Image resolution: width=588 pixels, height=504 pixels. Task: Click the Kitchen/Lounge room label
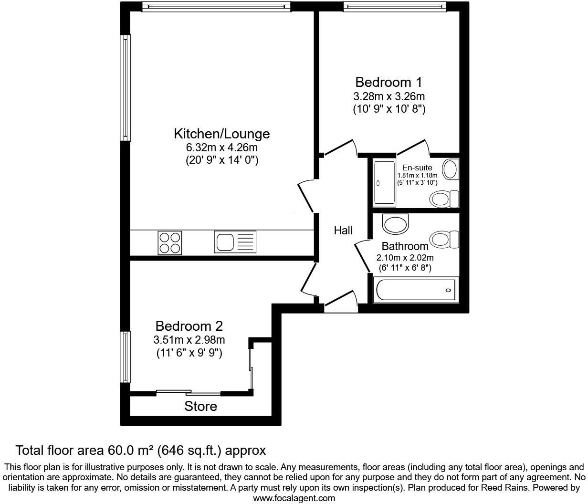coord(221,134)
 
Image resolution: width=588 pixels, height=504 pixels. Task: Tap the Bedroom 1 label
coord(388,82)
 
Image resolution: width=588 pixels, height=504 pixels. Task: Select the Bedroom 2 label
coord(189,326)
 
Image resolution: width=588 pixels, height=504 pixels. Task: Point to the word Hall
coord(343,231)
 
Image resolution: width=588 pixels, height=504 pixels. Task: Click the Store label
coord(200,406)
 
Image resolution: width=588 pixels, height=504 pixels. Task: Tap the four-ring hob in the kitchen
coord(170,242)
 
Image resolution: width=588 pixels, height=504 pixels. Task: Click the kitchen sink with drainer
coord(235,242)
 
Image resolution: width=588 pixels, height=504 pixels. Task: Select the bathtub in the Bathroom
coord(415,290)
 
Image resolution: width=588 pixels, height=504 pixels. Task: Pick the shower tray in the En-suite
coord(384,183)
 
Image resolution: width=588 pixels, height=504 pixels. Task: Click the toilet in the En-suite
coord(444,199)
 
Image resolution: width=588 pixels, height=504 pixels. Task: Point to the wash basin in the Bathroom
coord(396,224)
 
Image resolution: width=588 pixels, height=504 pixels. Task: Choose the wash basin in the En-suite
coord(450,169)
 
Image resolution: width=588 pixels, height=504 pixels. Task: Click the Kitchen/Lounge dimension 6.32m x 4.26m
coord(221,147)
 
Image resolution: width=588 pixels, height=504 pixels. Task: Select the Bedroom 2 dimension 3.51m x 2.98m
coord(189,340)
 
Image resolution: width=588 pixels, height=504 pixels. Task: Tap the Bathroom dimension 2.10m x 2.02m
coord(405,258)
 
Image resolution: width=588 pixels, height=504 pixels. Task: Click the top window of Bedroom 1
coord(395,7)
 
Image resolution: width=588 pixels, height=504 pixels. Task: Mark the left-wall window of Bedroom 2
coord(125,357)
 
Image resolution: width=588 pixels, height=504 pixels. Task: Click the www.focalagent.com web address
coord(294,498)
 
